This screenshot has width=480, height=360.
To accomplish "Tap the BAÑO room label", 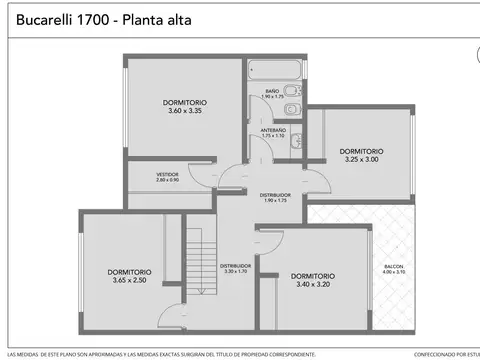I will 272,91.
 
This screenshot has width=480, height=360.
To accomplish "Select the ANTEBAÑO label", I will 273,129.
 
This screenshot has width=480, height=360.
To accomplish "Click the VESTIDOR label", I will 167,174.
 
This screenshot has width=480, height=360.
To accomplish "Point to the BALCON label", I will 393,266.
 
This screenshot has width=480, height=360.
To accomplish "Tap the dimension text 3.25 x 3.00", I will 362,159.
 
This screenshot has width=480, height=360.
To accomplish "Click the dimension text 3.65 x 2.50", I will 131,279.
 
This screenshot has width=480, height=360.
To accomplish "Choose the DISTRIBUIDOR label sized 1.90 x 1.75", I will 275,195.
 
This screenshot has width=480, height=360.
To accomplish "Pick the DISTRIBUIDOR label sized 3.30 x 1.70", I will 234,265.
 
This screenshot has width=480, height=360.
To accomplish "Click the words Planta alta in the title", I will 158,19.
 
